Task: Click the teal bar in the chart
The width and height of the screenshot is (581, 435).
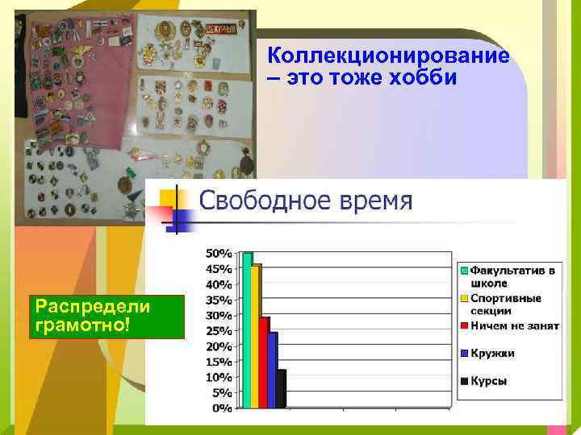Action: coord(248,330)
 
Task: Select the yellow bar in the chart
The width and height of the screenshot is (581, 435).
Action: coord(256,337)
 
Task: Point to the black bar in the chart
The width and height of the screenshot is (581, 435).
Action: coord(281,389)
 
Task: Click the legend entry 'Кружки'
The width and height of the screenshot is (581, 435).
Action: coord(492,354)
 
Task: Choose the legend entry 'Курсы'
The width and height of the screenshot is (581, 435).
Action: coord(489,381)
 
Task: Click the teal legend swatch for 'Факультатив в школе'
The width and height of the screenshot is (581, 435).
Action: coord(465,271)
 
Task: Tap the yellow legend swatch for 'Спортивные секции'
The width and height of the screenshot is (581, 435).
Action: coord(465,298)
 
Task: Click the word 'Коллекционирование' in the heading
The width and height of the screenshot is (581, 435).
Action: coord(388,56)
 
